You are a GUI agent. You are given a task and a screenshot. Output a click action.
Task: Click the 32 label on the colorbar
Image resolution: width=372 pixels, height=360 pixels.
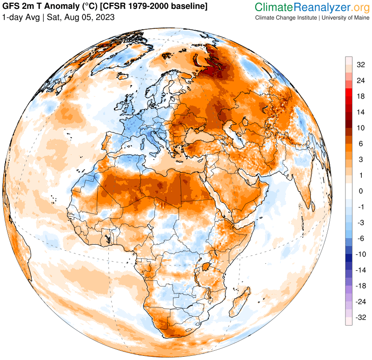pyautogui.click(x=360, y=65)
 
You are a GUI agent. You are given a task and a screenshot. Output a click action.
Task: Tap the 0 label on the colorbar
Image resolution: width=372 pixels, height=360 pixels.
pyautogui.click(x=360, y=191)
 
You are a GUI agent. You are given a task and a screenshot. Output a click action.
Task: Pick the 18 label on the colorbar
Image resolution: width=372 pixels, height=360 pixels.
pyautogui.click(x=360, y=96)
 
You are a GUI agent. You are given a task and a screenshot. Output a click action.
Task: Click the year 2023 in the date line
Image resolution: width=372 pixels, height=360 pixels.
pyautogui.click(x=104, y=17)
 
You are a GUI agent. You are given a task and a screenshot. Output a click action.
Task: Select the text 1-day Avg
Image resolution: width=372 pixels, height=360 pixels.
pyautogui.click(x=20, y=17)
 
